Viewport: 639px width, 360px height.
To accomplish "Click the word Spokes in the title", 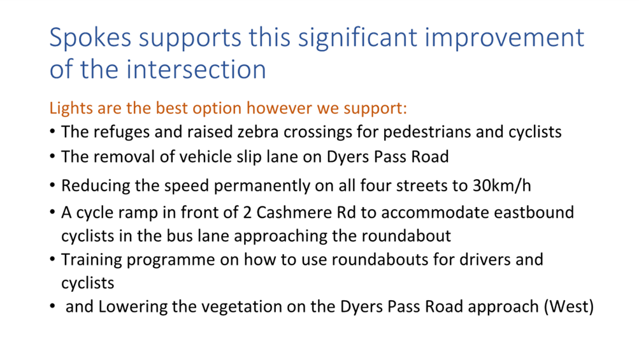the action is [x=90, y=38].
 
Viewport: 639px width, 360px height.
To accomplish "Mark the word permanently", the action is [x=257, y=186].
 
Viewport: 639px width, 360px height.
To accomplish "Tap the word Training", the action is [x=92, y=260].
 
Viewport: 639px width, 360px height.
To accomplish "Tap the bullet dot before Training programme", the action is [x=52, y=259].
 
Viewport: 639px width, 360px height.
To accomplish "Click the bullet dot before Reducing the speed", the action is [x=52, y=185].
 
